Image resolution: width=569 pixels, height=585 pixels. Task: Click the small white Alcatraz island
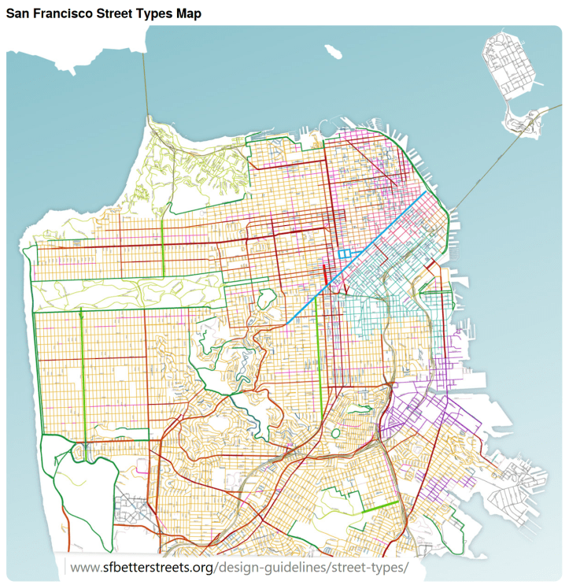tap(334, 51)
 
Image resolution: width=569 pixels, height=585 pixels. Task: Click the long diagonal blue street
tap(358, 257)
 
